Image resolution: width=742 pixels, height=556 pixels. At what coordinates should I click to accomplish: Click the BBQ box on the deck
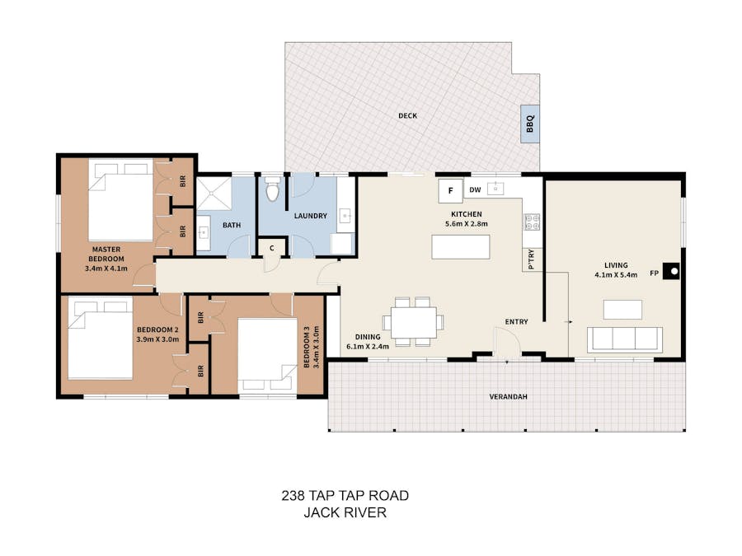pyautogui.click(x=530, y=124)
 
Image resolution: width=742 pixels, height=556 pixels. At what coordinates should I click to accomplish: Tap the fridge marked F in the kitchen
pyautogui.click(x=450, y=191)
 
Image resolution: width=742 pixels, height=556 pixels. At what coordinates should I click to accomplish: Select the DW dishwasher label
pyautogui.click(x=475, y=190)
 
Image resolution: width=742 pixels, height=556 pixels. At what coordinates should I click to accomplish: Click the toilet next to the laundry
pyautogui.click(x=272, y=189)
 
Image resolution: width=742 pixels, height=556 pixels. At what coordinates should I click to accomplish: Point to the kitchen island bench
pyautogui.click(x=460, y=247)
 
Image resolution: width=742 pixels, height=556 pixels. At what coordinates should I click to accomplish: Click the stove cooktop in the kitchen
pyautogui.click(x=533, y=222)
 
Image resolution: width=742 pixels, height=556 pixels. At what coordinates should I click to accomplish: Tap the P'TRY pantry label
pyautogui.click(x=531, y=259)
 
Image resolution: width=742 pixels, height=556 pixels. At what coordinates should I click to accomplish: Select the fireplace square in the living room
pyautogui.click(x=671, y=271)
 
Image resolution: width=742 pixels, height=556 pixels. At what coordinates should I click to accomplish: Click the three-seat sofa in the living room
pyautogui.click(x=625, y=339)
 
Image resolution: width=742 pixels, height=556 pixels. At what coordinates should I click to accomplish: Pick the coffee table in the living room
pyautogui.click(x=622, y=310)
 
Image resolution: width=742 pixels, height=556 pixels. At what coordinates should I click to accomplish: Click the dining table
pyautogui.click(x=414, y=322)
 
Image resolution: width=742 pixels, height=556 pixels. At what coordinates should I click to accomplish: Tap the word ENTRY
pyautogui.click(x=516, y=321)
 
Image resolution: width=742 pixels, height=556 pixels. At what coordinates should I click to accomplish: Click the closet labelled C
pyautogui.click(x=272, y=248)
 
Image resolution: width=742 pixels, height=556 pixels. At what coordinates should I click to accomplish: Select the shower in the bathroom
pyautogui.click(x=214, y=194)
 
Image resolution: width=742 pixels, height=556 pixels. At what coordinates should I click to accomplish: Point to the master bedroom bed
pyautogui.click(x=120, y=200)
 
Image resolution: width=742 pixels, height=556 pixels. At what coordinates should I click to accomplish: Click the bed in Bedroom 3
pyautogui.click(x=267, y=354)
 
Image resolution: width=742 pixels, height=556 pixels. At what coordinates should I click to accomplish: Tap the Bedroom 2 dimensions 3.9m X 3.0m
pyautogui.click(x=157, y=339)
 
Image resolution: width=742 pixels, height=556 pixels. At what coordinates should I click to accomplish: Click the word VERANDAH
pyautogui.click(x=508, y=397)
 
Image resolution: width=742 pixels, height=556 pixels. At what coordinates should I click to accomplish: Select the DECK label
pyautogui.click(x=408, y=116)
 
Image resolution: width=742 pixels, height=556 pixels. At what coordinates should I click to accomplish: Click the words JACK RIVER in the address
pyautogui.click(x=345, y=512)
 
